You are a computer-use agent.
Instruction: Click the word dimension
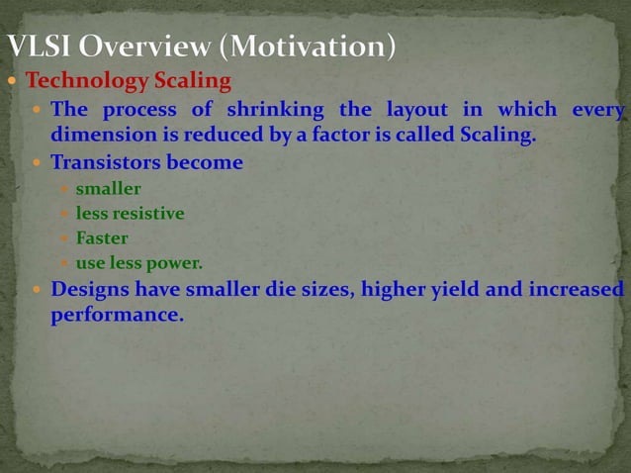[99, 135]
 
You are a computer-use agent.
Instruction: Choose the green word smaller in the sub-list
[109, 188]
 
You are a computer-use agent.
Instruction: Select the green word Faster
[102, 238]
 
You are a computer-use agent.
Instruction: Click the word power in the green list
[178, 264]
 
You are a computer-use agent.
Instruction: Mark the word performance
[117, 317]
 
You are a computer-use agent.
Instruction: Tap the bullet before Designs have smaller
[36, 291]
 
